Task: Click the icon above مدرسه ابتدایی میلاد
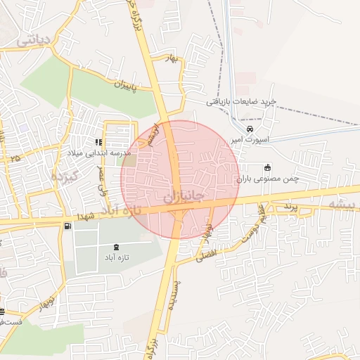pos(98,142)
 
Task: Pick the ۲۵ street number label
pos(15,159)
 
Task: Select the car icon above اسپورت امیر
pos(250,129)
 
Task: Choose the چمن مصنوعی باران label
pos(268,179)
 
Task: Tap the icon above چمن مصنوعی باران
pos(268,168)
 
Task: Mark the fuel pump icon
pos(67,226)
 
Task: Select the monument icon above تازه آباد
pos(116,247)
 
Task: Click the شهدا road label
pos(96,213)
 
